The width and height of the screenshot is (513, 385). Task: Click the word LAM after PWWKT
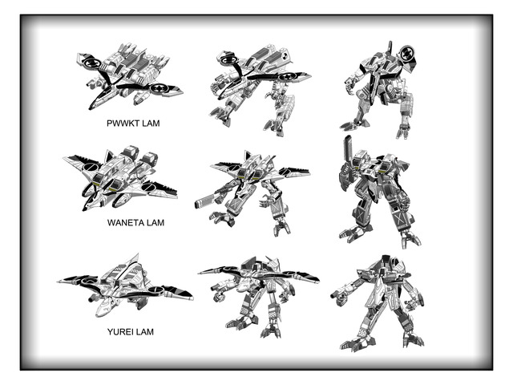point(149,125)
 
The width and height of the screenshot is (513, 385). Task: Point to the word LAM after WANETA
point(156,222)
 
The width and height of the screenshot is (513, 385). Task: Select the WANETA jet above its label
point(120,178)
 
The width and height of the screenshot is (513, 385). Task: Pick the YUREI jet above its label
point(124,286)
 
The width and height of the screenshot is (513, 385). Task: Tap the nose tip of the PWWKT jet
point(92,108)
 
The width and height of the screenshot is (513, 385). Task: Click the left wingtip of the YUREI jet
point(60,282)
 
